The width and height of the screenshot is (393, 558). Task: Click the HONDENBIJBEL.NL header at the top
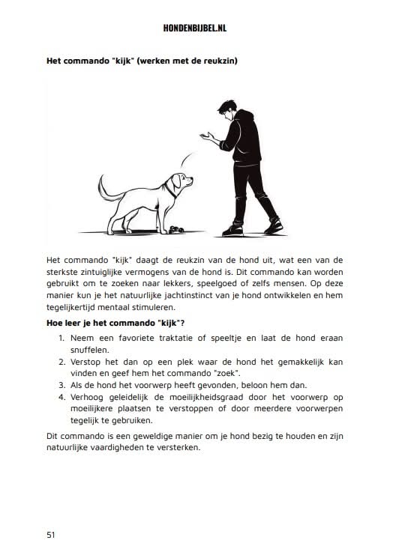(196, 28)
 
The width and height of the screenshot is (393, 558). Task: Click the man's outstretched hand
(205, 136)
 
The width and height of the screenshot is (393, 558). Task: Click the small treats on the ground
(178, 228)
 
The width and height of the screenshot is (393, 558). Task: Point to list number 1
(62, 339)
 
